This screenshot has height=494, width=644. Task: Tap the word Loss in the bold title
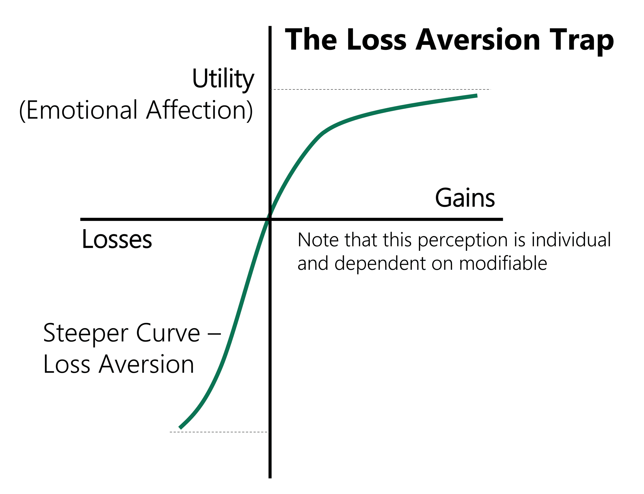(376, 39)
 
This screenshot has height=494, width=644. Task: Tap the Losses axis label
(117, 239)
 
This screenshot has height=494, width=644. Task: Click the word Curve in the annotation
(168, 333)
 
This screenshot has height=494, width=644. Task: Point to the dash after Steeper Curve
(214, 334)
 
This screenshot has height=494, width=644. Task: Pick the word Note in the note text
(318, 240)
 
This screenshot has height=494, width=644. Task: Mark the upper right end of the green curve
(477, 96)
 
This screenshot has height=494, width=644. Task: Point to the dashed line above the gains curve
(380, 89)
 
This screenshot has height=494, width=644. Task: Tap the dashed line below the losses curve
(219, 432)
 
